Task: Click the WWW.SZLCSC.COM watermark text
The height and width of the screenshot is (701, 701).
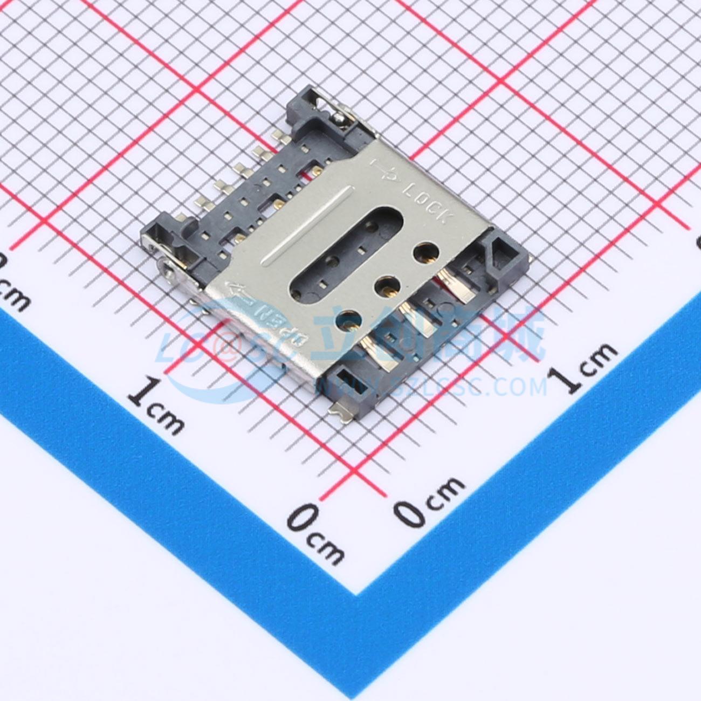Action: click(431, 386)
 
